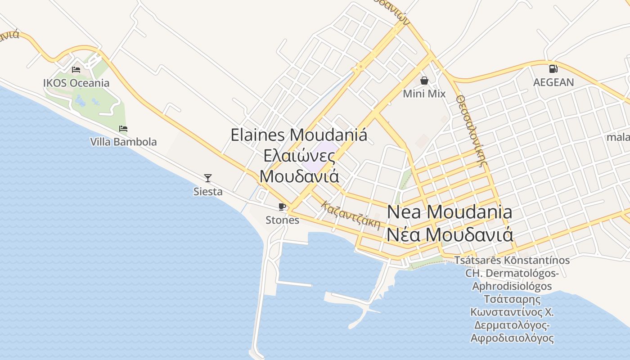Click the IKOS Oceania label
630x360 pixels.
76,83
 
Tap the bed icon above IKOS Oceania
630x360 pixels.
76,70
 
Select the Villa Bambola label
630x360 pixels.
123,142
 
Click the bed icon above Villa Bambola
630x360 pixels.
123,129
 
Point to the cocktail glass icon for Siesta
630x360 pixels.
208,178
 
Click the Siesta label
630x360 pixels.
208,192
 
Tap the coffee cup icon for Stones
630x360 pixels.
282,207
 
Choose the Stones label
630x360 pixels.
282,220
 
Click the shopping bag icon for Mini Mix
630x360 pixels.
424,81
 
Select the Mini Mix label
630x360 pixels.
424,94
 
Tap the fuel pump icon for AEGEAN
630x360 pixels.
553,69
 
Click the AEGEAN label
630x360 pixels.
553,82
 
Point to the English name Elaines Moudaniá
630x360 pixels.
299,135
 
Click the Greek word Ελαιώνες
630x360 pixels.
299,156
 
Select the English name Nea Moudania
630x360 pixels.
449,212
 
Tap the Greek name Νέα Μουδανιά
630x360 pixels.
449,234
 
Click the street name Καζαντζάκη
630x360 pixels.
351,215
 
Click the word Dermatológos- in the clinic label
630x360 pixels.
512,273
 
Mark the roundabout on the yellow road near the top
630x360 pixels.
360,68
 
